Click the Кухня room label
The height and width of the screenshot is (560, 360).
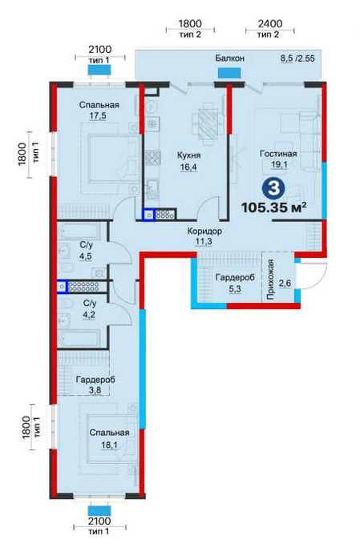pyautogui.click(x=188, y=155)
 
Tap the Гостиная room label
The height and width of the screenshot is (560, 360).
pyautogui.click(x=278, y=154)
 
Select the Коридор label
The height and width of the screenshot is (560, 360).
pyautogui.click(x=204, y=231)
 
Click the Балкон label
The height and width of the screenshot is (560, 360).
pyautogui.click(x=230, y=58)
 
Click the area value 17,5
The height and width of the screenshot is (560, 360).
pyautogui.click(x=98, y=115)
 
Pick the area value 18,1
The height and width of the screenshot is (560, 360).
pyautogui.click(x=109, y=445)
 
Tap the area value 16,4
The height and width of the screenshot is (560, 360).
pyautogui.click(x=188, y=167)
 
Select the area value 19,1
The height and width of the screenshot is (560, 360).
pyautogui.click(x=279, y=165)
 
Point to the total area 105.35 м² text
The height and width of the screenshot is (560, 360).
pyautogui.click(x=274, y=207)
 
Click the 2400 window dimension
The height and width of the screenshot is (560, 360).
pyautogui.click(x=270, y=23)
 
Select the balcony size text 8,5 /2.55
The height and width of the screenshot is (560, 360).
pyautogui.click(x=297, y=58)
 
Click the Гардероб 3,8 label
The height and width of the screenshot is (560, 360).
pyautogui.click(x=95, y=385)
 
